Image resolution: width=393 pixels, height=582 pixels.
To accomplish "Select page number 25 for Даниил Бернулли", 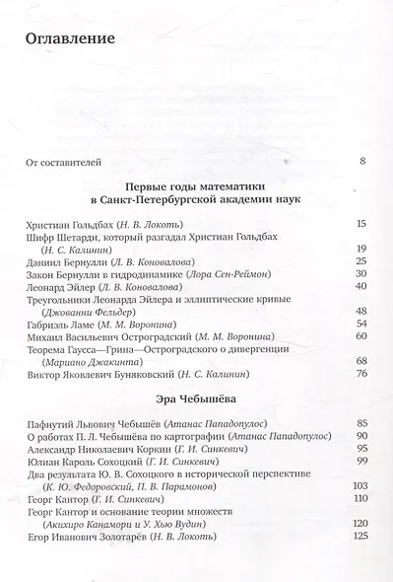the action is (x=360, y=260).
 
